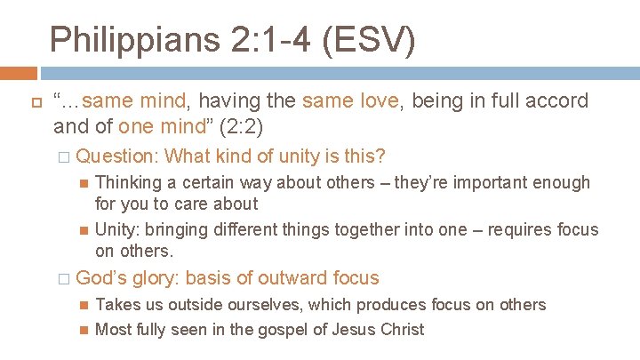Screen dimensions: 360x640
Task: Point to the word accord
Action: [x=554, y=101]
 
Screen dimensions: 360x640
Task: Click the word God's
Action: [x=103, y=277]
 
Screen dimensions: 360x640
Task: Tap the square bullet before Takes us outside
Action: [x=83, y=305]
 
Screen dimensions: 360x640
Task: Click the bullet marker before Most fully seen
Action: [x=83, y=330]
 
